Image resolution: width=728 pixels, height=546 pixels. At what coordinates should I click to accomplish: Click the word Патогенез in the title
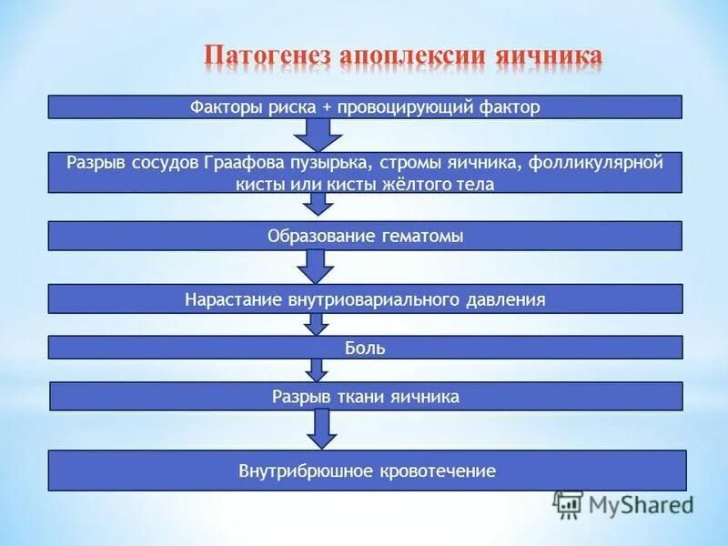267,55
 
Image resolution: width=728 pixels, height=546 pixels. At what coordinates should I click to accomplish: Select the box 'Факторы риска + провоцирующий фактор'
364,106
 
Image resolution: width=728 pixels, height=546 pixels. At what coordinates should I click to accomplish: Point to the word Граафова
300,164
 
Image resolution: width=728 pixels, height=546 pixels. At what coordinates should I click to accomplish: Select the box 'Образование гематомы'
364,236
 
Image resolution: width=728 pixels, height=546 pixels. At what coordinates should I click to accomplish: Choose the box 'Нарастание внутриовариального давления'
364,298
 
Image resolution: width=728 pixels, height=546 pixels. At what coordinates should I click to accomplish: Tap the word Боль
365,348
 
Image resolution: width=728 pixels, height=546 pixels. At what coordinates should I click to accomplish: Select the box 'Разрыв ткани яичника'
364,397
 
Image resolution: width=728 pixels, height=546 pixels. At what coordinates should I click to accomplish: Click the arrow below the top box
318,135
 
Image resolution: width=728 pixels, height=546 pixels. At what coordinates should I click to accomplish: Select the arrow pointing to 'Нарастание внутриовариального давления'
317,267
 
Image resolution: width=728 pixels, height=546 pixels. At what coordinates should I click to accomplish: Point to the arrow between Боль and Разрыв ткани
317,369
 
